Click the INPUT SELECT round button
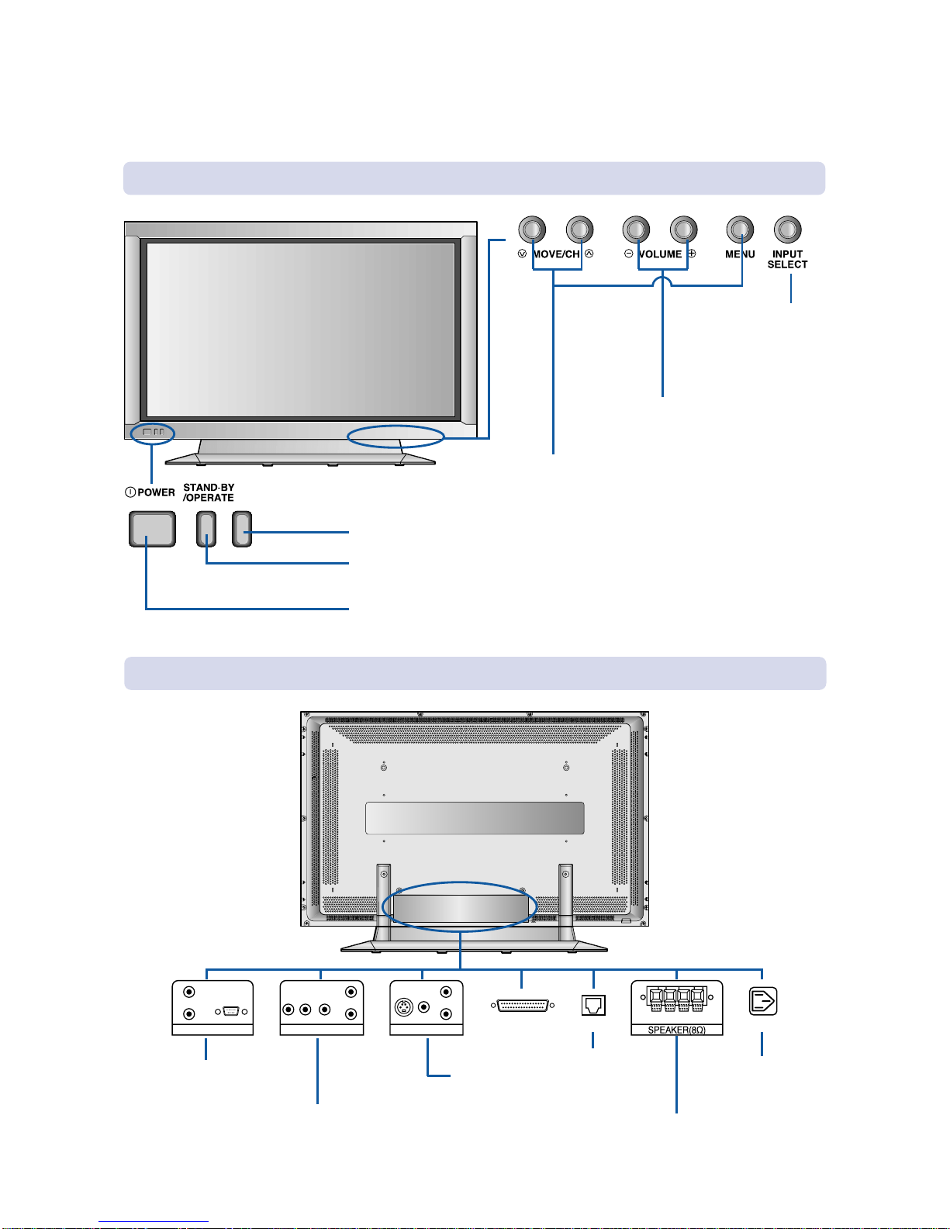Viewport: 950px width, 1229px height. coord(787,230)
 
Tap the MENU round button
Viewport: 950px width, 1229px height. coord(740,230)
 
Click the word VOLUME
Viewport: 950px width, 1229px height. coord(660,254)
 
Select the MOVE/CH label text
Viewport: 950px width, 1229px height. coord(557,254)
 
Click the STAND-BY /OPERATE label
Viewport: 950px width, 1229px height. coord(208,492)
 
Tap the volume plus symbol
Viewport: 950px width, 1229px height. coord(692,254)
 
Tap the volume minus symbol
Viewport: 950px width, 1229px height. coord(628,254)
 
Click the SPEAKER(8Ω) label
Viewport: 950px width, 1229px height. coord(676,1030)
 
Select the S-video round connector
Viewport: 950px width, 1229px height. coord(404,1007)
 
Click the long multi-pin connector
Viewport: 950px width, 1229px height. coord(523,1005)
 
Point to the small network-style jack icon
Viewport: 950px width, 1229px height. coord(593,1005)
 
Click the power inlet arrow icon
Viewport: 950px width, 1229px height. coord(762,1001)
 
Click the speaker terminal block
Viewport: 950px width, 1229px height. coord(676,999)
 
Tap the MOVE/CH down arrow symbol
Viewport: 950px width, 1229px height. coord(522,254)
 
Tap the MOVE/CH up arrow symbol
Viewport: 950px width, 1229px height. coord(589,254)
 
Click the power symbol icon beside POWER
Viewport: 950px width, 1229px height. coord(130,492)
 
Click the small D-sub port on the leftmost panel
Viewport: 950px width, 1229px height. coord(231,1011)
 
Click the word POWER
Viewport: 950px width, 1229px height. coord(156,492)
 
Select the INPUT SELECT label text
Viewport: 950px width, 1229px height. coord(787,260)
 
